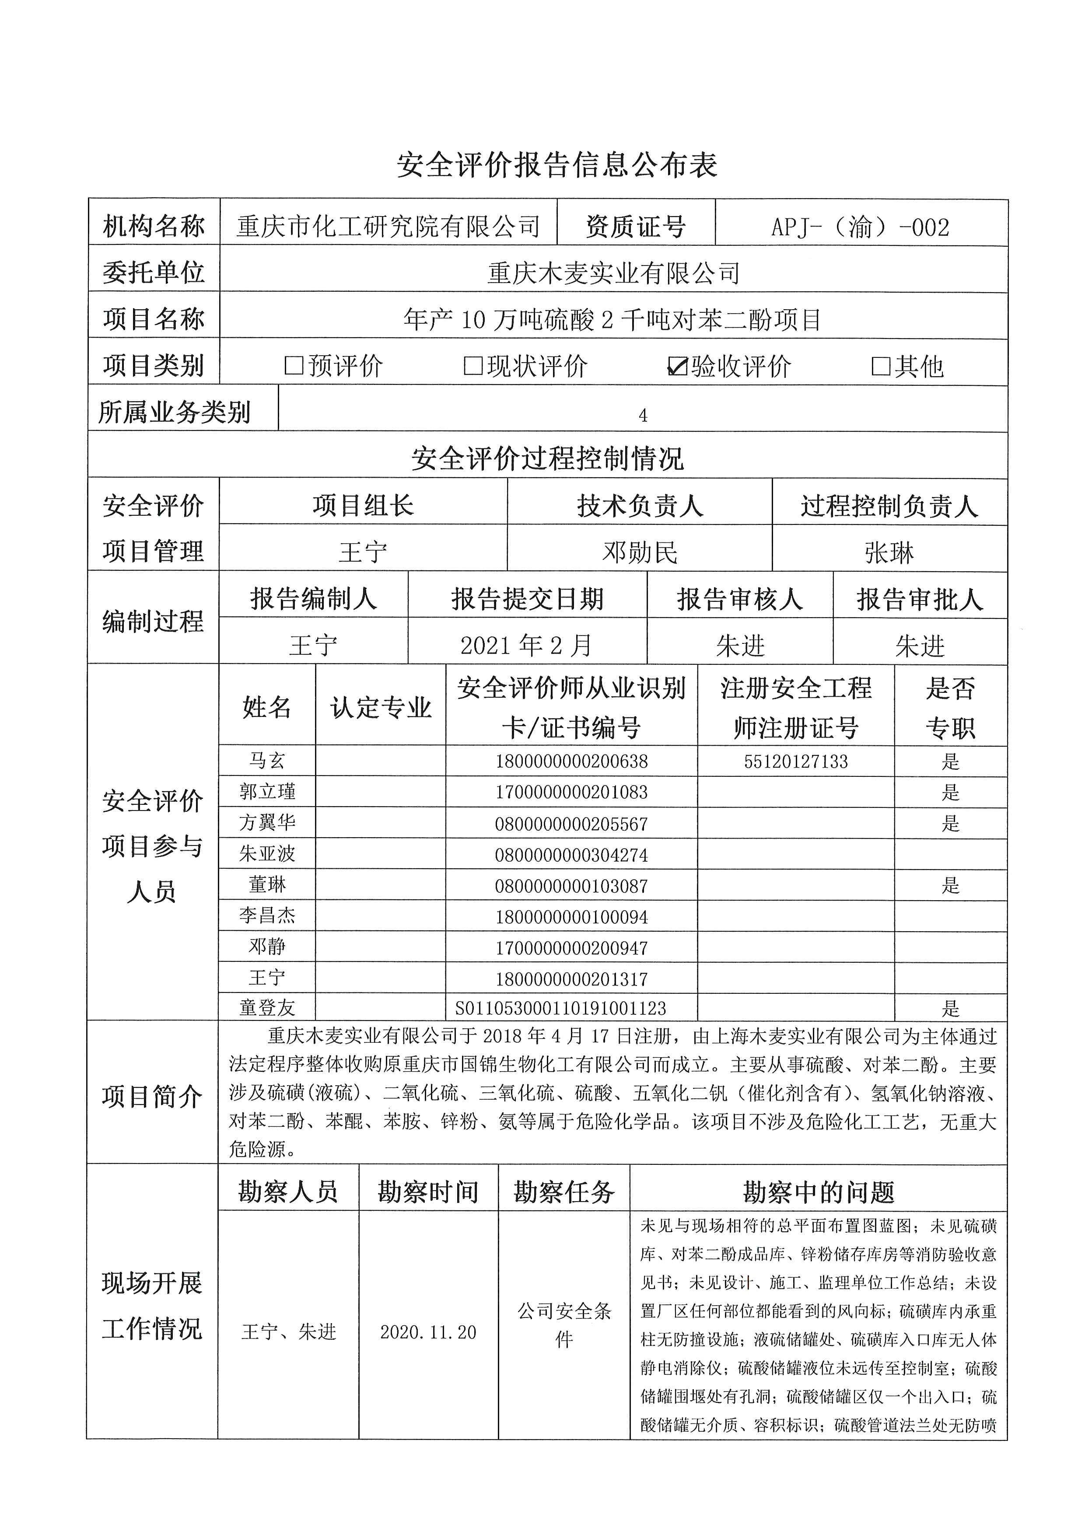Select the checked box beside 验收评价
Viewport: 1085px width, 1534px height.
click(677, 366)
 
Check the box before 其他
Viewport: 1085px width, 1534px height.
click(881, 366)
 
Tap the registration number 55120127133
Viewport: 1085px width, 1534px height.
click(796, 762)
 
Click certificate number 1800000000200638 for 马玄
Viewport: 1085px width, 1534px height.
click(571, 762)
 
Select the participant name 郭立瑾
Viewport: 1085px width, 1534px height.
click(267, 793)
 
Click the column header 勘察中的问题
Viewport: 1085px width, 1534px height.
click(819, 1192)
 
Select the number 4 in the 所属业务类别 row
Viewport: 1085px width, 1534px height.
click(643, 416)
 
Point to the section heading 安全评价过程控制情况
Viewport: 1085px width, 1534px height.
click(547, 458)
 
